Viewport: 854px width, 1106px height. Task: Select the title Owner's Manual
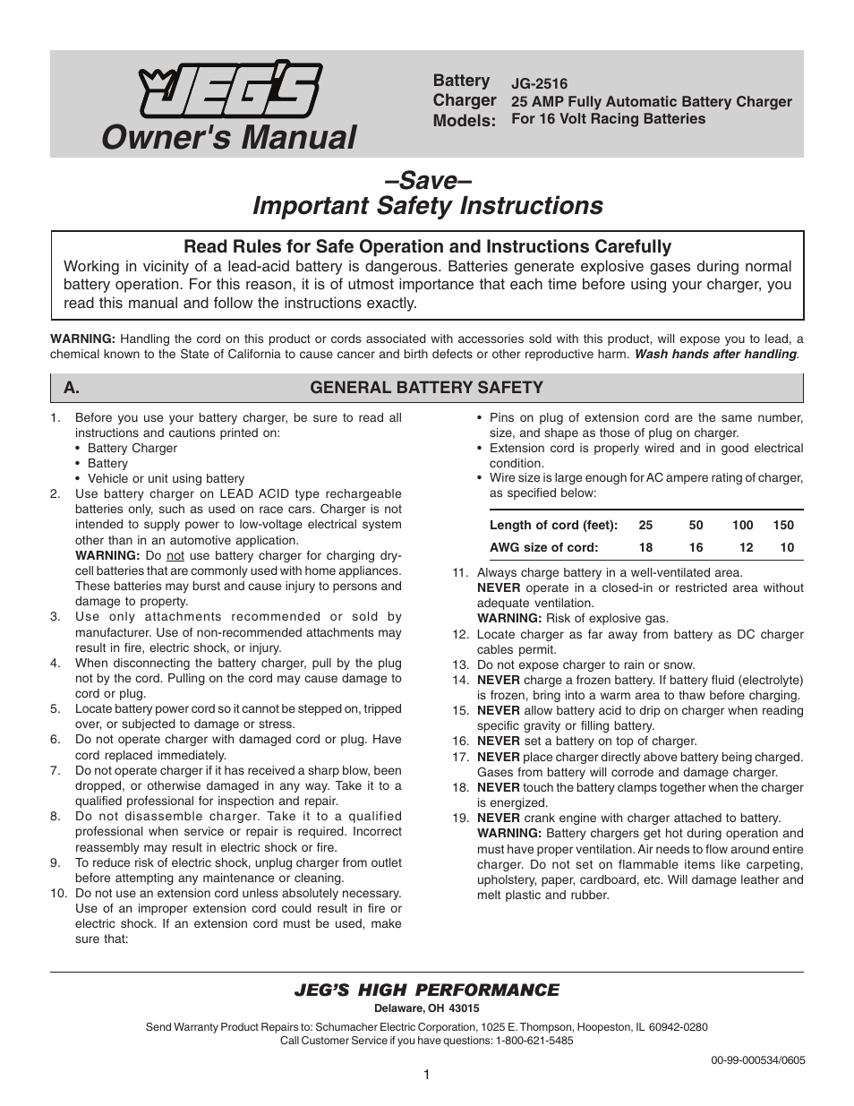(228, 137)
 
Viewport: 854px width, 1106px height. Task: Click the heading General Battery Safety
(426, 388)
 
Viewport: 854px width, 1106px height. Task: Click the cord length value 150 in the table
(783, 526)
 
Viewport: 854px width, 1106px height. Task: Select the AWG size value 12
(746, 547)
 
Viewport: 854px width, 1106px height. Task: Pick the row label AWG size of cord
(543, 547)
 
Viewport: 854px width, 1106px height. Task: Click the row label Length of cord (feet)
(553, 526)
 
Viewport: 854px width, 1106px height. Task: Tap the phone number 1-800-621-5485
(534, 1041)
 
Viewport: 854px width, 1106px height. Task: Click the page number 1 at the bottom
(427, 1075)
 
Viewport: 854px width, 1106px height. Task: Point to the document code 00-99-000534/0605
(757, 1059)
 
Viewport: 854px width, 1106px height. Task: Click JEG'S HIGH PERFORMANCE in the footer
(426, 990)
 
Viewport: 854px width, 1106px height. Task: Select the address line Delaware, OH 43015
(426, 1008)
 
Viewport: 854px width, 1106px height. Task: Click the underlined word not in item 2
(175, 556)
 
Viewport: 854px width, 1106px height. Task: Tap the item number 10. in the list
(58, 894)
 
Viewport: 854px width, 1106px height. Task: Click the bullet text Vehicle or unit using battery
(166, 479)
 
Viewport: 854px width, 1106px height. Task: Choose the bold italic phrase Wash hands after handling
(716, 354)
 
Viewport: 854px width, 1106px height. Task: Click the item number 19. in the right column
(460, 818)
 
